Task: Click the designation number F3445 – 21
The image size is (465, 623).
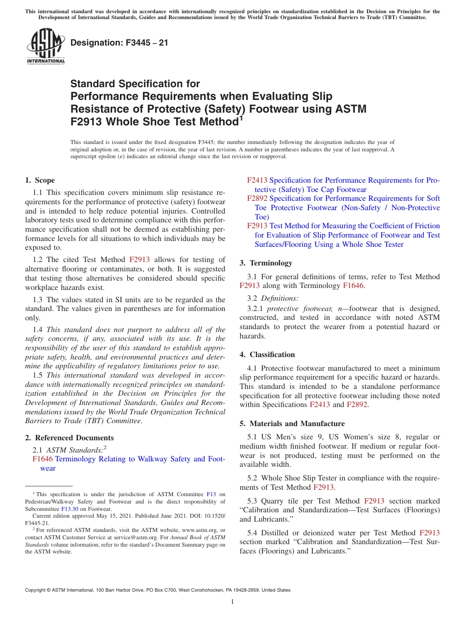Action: (119, 43)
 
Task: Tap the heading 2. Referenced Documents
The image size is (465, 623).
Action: (69, 438)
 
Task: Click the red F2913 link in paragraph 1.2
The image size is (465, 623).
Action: (139, 260)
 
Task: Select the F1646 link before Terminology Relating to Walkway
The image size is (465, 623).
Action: (43, 459)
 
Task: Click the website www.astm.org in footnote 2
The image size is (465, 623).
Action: (199, 530)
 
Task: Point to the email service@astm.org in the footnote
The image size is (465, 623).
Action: (130, 537)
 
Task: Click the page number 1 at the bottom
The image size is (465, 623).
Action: (232, 602)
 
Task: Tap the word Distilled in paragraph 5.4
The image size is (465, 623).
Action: (275, 533)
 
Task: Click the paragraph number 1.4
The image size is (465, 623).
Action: (38, 330)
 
